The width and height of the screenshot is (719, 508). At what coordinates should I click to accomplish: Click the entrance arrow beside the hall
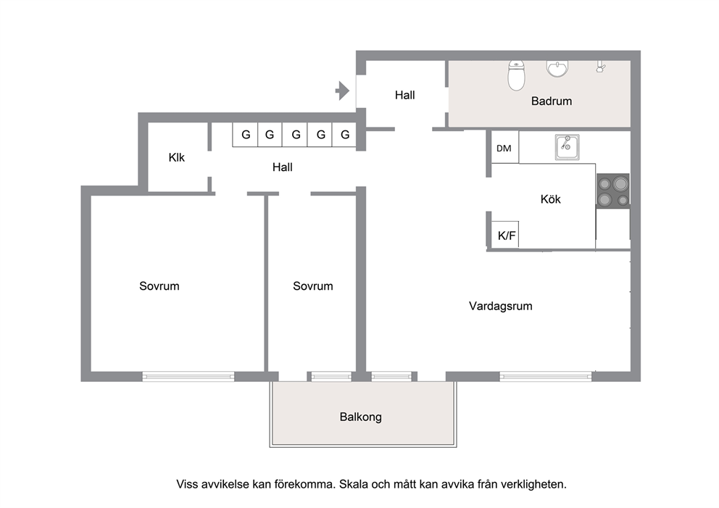coord(342,91)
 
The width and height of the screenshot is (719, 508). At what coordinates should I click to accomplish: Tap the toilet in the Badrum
coord(516,76)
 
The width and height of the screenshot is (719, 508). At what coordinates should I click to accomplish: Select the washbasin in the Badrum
coord(557,68)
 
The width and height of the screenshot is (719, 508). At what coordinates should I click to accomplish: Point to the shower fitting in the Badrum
coord(600,67)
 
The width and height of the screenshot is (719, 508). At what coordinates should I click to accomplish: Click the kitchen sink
coord(567,146)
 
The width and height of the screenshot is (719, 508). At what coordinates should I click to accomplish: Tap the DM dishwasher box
coord(505,147)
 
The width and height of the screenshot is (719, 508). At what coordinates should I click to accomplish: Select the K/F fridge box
coord(505,235)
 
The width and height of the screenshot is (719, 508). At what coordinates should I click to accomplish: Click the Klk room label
coord(177,158)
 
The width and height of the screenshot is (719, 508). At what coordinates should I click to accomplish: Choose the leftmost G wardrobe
coord(245,135)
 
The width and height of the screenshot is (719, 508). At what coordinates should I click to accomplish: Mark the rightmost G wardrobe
coord(344,135)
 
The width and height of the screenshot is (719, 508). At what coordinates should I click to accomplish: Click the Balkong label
coord(360,417)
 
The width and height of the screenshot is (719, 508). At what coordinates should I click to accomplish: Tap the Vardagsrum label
coord(501,306)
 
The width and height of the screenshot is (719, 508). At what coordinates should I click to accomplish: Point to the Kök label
coord(550,199)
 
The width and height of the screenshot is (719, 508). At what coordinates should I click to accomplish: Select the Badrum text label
coord(551,101)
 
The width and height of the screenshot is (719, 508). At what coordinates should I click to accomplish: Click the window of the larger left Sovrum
coord(188,376)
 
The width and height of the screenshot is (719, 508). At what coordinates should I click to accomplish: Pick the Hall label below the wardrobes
coord(283,167)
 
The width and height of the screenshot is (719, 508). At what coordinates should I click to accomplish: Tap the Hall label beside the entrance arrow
coord(405,95)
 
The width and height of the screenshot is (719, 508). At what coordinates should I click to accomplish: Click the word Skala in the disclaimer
coord(354,484)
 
